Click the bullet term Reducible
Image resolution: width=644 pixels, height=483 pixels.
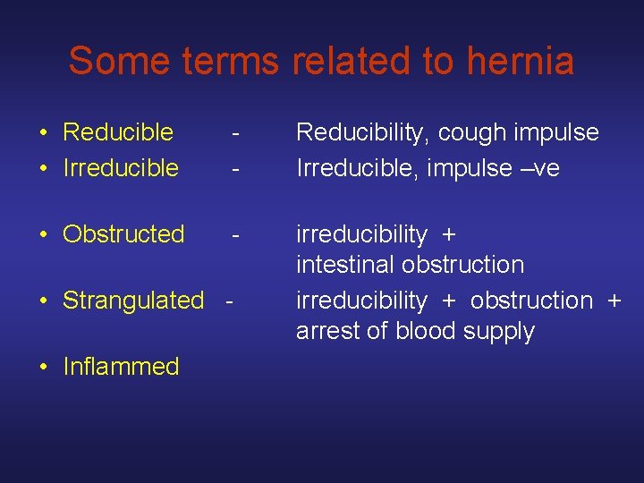click(x=118, y=132)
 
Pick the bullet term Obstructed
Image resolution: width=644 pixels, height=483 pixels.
click(x=123, y=234)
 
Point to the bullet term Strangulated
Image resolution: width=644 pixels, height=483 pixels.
click(x=133, y=301)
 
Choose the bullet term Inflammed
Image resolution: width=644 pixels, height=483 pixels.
click(x=121, y=367)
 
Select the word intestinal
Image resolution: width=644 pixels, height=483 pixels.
click(x=346, y=265)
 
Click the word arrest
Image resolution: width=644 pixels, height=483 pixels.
click(x=326, y=331)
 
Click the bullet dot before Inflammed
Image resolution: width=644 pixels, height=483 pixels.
click(x=43, y=367)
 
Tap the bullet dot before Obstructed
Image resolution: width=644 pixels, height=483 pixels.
click(x=43, y=234)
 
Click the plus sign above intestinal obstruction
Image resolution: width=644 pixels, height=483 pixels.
click(x=449, y=235)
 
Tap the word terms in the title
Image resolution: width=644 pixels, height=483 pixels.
click(x=232, y=61)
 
